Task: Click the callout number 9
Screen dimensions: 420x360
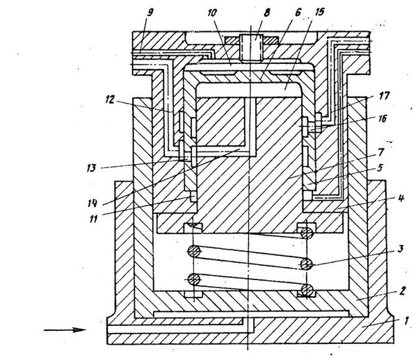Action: [x=150, y=13]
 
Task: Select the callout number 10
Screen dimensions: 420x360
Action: [x=212, y=13]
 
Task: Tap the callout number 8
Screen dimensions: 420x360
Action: [x=266, y=13]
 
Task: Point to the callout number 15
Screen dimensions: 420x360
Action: [x=318, y=12]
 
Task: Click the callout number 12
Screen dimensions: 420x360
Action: [x=110, y=100]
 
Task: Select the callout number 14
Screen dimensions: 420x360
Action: [x=92, y=204]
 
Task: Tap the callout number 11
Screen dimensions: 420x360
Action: [x=93, y=219]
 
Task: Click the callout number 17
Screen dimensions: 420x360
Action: [x=384, y=96]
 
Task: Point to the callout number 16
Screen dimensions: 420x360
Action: [x=382, y=119]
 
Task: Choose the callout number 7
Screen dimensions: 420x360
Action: [x=381, y=153]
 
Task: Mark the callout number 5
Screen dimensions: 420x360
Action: [x=380, y=168]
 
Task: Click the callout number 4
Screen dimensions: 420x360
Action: [x=401, y=198]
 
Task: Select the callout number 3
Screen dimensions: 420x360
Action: [x=400, y=249]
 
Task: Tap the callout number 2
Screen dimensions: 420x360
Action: [x=403, y=291]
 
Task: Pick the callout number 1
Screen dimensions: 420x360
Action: [x=406, y=320]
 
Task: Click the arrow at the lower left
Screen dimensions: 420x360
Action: [x=65, y=329]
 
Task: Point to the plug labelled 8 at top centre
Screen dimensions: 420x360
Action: [x=251, y=48]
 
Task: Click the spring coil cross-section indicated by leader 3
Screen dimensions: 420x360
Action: [x=306, y=265]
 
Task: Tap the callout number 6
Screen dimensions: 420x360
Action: [x=298, y=13]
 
